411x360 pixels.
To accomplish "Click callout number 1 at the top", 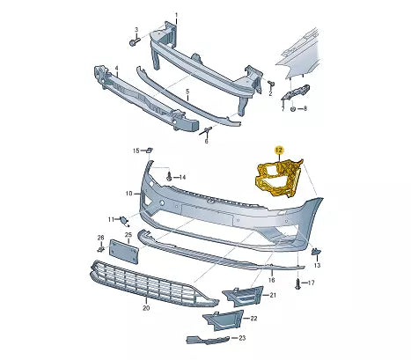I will [175, 16].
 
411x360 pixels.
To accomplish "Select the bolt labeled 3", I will [135, 41].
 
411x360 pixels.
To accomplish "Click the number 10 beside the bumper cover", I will [128, 193].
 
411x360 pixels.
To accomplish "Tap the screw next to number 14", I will [170, 178].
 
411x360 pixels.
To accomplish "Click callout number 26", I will [100, 239].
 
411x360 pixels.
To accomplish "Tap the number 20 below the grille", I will [146, 309].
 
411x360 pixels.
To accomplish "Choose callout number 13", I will [318, 265].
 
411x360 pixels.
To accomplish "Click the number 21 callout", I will [273, 295].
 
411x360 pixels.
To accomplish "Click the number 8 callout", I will [304, 109].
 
